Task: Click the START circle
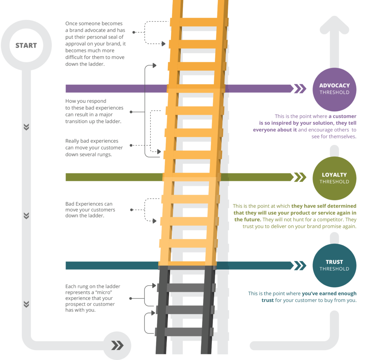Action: (26, 46)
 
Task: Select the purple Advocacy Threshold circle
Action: (334, 89)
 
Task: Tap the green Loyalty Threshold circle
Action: (334, 178)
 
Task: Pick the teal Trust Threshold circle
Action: (334, 266)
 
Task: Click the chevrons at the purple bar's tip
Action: (300, 89)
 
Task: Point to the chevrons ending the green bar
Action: (300, 177)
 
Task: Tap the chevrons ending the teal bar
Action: (300, 265)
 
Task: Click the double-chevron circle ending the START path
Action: (117, 345)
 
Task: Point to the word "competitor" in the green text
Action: (329, 220)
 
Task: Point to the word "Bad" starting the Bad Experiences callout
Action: (70, 204)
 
